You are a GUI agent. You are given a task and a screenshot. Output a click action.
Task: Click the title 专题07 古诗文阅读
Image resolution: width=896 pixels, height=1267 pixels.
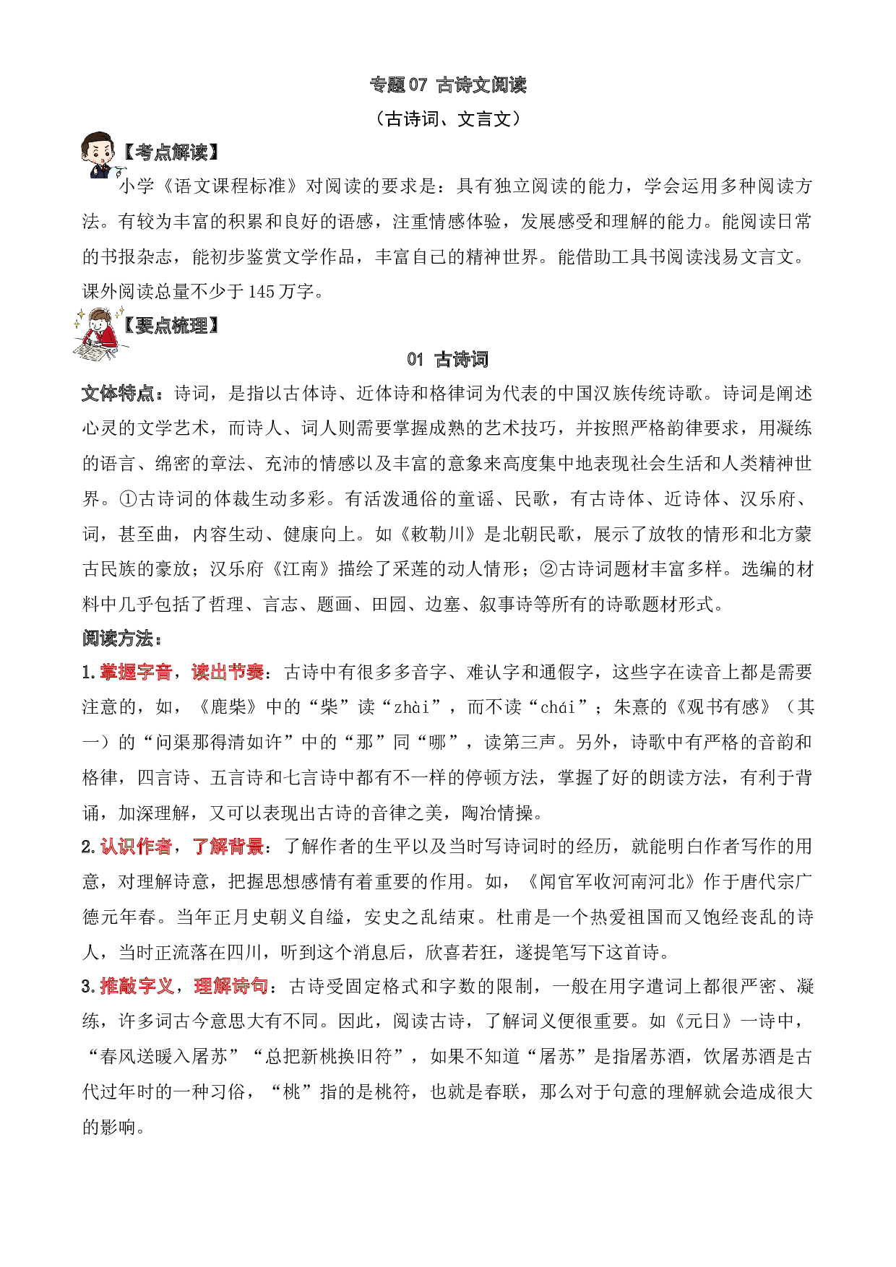click(x=448, y=85)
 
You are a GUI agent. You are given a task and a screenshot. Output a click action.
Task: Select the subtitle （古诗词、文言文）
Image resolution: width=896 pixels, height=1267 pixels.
click(x=448, y=118)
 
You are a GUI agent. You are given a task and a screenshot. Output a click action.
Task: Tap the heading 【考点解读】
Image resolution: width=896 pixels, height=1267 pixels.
click(x=169, y=152)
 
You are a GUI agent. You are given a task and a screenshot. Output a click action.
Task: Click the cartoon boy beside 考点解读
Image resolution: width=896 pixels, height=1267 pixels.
click(x=99, y=153)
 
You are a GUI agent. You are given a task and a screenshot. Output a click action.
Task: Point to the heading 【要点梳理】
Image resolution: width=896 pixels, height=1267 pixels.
click(x=169, y=326)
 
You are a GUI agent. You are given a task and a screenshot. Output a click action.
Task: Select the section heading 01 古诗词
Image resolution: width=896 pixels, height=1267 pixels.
click(x=448, y=359)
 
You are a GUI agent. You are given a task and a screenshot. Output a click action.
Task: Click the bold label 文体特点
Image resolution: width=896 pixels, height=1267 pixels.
click(x=118, y=394)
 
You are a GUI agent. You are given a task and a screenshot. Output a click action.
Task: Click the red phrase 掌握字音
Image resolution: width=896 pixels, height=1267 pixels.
click(x=136, y=673)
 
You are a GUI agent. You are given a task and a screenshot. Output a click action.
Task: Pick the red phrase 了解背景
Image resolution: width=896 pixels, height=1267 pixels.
click(x=228, y=847)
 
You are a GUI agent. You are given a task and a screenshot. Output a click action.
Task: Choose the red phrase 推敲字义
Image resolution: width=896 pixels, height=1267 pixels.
click(x=136, y=986)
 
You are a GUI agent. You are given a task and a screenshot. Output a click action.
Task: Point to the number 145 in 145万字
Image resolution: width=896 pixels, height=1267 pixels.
click(x=261, y=291)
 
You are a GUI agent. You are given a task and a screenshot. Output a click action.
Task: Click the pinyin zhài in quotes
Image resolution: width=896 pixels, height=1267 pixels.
click(x=413, y=707)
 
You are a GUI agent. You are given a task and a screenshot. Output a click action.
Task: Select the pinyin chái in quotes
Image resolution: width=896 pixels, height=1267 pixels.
click(x=559, y=707)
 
